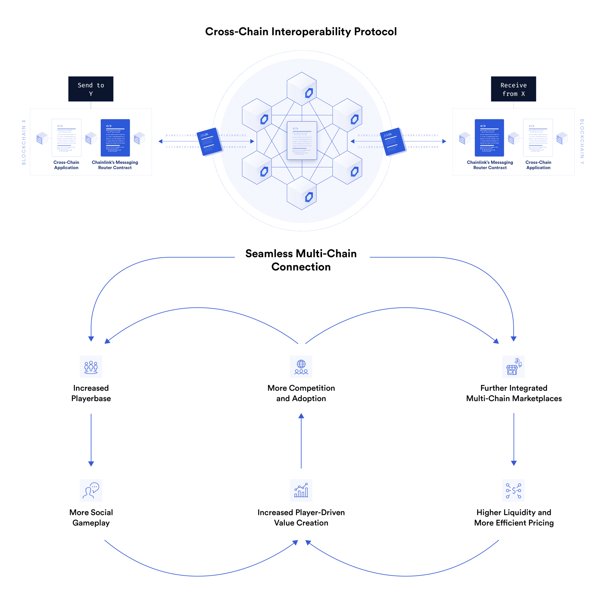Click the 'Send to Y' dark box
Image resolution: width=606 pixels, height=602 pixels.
[x=91, y=89]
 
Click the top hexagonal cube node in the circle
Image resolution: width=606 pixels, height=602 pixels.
[x=301, y=89]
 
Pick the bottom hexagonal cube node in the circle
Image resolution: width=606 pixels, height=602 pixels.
[x=301, y=193]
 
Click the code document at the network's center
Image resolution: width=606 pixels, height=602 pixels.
[x=301, y=140]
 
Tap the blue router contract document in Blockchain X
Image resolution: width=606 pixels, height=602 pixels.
[x=115, y=137]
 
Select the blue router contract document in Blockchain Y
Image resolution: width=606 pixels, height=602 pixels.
[x=489, y=137]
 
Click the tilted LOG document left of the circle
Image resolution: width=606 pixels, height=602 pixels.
[x=209, y=142]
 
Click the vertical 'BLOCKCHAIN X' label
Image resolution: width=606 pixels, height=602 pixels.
[x=24, y=142]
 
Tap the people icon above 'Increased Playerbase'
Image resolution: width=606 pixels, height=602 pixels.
[x=91, y=366]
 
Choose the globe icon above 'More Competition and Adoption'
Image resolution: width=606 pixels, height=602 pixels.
[x=301, y=366]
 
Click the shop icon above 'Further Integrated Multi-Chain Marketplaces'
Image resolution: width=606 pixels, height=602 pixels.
[x=513, y=366]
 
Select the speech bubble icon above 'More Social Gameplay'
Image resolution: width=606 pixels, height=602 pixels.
[x=91, y=490]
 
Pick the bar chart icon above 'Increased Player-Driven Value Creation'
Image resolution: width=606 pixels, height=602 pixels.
[x=301, y=490]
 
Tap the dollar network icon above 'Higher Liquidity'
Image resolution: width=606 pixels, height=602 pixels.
[x=513, y=490]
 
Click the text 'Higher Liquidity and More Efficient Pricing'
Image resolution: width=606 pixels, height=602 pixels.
[x=514, y=517]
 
